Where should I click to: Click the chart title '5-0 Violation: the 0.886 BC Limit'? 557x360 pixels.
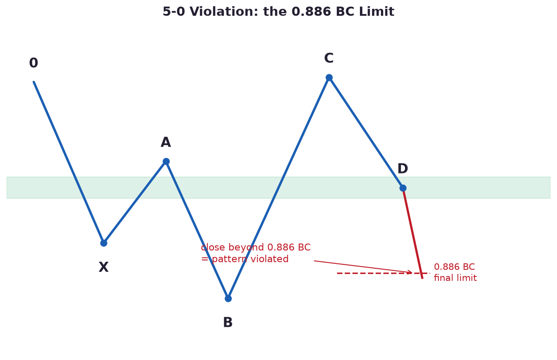278,12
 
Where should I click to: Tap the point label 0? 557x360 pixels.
34,63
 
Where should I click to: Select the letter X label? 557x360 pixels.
104,267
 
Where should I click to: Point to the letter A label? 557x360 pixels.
166,142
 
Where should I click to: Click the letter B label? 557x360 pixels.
228,322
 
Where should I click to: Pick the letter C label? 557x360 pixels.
329,59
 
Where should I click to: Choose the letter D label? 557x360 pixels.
403,169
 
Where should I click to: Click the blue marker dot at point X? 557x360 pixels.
104,243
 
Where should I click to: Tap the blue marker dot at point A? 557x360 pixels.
166,162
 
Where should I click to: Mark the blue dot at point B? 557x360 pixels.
228,298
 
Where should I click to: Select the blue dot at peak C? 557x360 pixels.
329,78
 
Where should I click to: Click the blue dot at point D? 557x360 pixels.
403,188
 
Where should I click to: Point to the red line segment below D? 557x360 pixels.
413,233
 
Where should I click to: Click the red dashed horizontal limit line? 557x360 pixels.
384,273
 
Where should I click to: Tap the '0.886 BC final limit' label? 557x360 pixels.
455,273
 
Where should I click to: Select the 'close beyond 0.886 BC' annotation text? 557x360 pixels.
256,247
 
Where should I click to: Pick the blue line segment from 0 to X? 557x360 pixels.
69,163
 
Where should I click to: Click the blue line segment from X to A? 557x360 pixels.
135,202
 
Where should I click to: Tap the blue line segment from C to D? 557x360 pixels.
366,133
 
